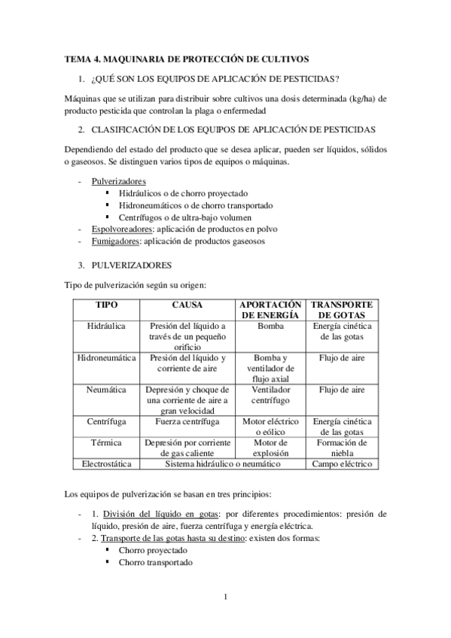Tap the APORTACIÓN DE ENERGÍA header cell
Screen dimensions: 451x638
point(270,309)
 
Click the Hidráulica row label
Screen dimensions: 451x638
point(105,327)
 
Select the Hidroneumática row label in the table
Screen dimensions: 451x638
point(105,358)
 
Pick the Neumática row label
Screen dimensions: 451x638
point(105,390)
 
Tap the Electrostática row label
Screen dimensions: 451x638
point(105,464)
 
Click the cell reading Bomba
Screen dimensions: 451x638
point(270,327)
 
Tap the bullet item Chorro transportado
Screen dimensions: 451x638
point(154,562)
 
